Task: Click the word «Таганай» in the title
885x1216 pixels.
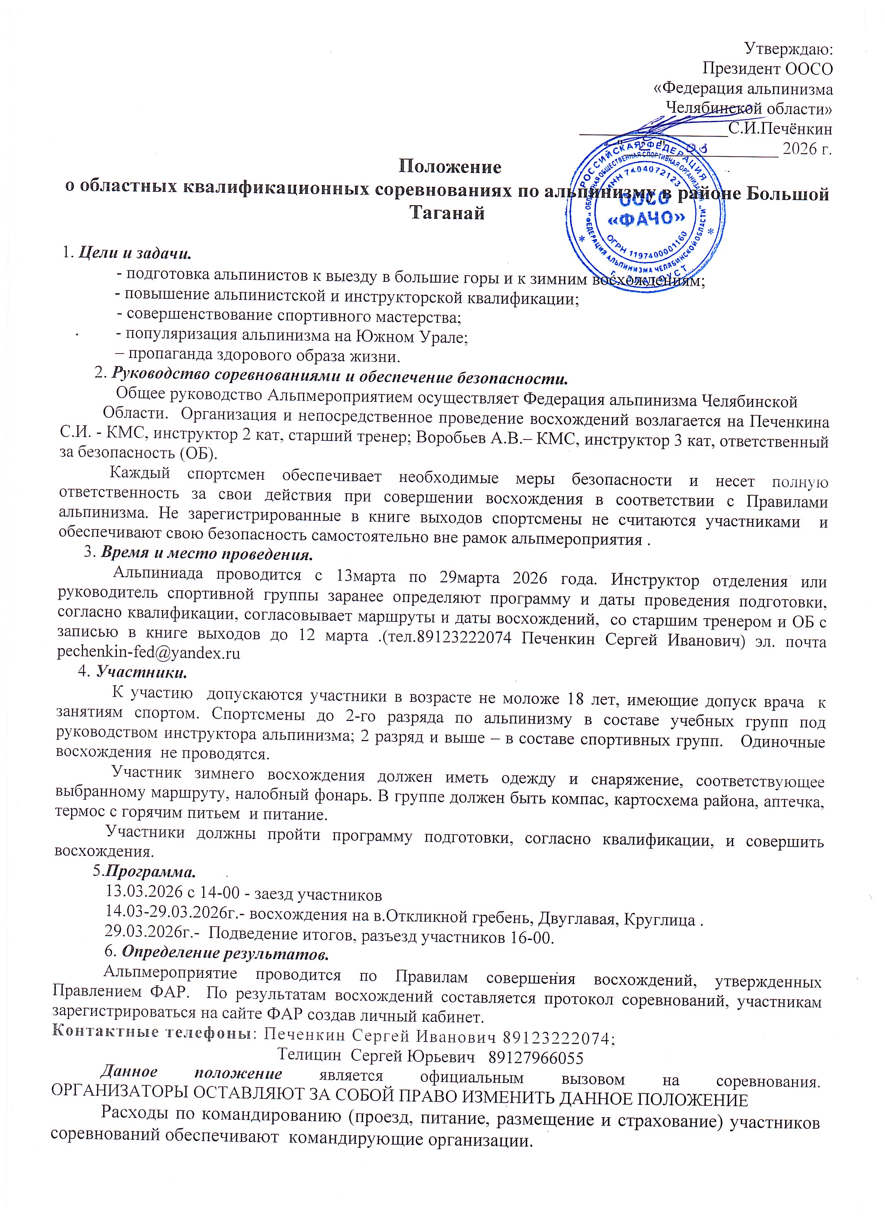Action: [x=447, y=214]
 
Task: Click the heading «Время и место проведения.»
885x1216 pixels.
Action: [x=206, y=553]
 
